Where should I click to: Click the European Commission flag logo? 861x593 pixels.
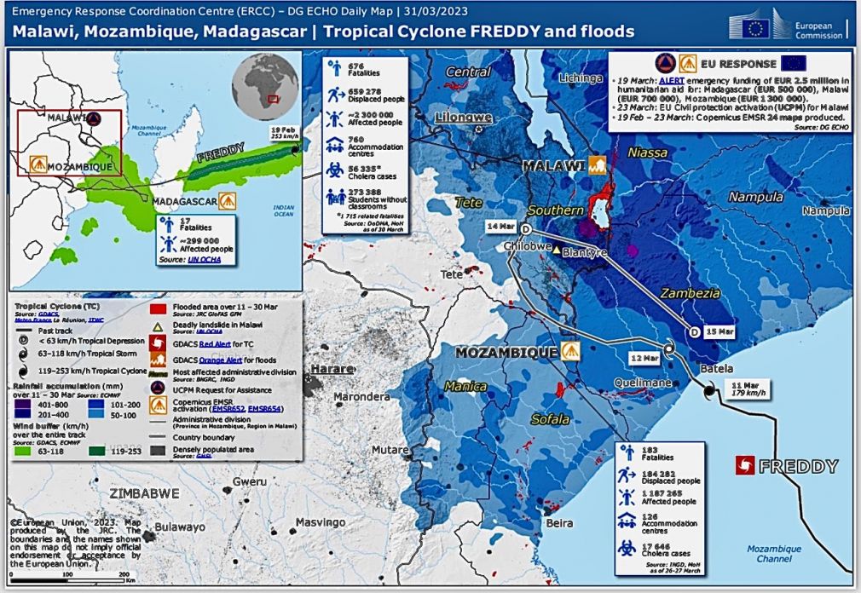point(757,29)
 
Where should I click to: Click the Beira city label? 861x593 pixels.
point(559,522)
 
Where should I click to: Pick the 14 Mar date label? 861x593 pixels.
point(500,227)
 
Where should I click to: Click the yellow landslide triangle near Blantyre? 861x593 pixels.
point(556,251)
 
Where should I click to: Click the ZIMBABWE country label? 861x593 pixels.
point(144,492)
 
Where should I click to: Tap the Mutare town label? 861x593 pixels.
point(390,450)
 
